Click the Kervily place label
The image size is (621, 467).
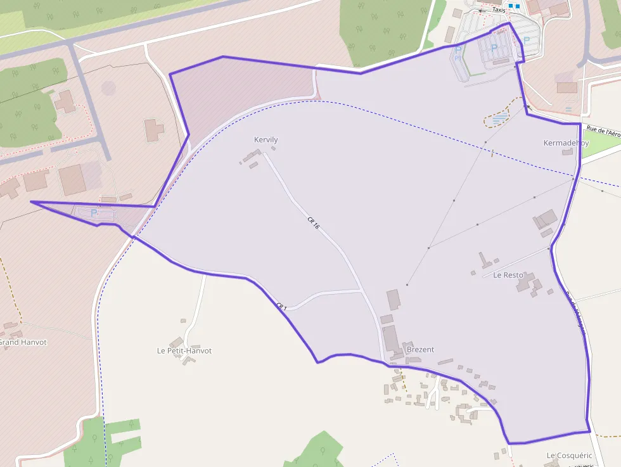click(266, 140)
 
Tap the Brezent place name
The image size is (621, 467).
click(420, 349)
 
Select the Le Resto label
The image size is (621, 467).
click(508, 275)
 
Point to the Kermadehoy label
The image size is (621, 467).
click(566, 143)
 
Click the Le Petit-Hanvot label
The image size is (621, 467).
click(184, 350)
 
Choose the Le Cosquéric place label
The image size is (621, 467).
click(569, 456)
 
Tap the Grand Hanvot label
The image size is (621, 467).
click(23, 342)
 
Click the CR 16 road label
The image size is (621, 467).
click(313, 222)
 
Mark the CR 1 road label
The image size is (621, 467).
click(281, 307)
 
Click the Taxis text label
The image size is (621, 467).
click(499, 10)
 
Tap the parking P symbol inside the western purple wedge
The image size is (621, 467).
click(94, 213)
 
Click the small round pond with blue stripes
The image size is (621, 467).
click(498, 118)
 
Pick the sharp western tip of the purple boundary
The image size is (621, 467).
click(31, 202)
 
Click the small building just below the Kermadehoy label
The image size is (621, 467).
click(566, 152)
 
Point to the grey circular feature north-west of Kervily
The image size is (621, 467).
click(109, 87)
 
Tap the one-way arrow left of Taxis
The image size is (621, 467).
click(481, 10)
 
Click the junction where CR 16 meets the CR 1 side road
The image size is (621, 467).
click(361, 291)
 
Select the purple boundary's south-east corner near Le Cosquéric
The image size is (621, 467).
click(589, 432)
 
